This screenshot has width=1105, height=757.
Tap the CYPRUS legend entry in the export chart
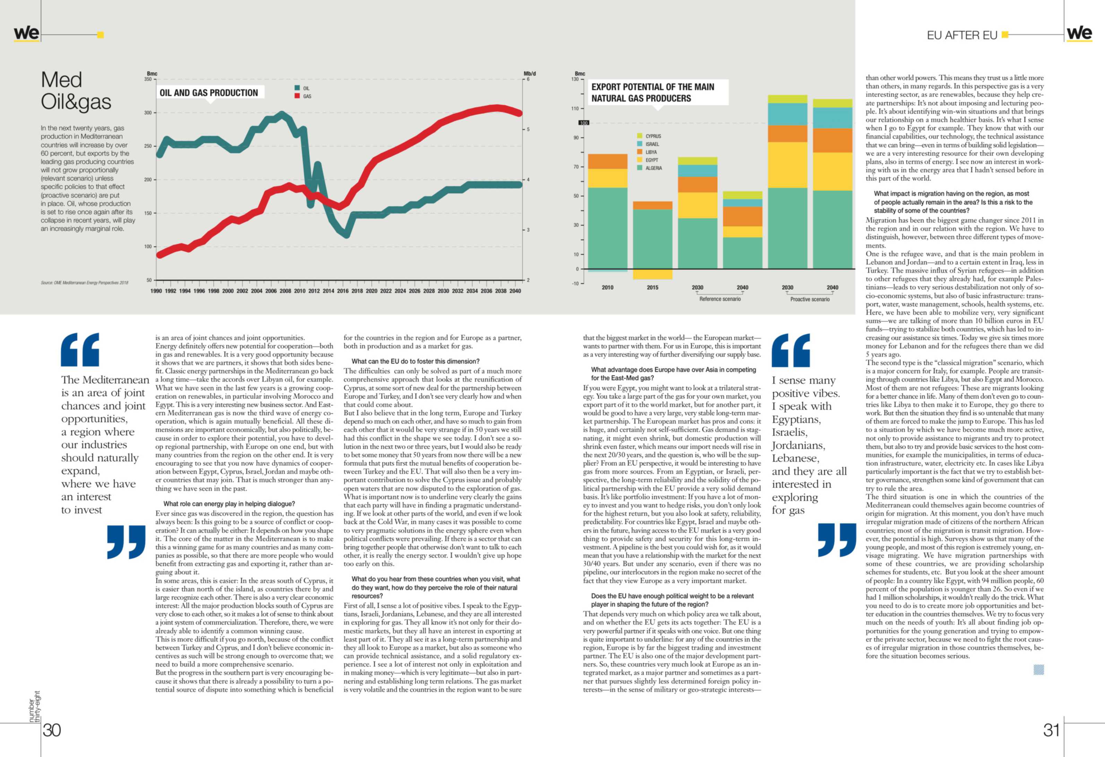pos(649,136)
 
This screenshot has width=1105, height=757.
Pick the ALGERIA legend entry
pos(650,168)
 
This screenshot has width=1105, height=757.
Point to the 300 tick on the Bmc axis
pos(148,113)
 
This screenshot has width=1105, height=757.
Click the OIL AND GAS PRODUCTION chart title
pos(209,93)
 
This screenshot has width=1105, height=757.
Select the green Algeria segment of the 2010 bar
pos(608,228)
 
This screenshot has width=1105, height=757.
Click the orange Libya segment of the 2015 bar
pos(652,206)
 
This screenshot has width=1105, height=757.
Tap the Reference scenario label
pos(720,299)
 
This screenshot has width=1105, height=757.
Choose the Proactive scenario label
pos(810,299)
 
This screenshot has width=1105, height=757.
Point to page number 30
pos(52,730)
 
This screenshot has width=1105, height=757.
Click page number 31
pos(1052,730)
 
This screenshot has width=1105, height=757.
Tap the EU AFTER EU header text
pos(962,35)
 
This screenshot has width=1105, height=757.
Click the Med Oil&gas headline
pos(76,90)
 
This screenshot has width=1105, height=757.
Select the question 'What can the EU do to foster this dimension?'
pos(416,362)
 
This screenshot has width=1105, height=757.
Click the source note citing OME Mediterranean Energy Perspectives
pos(85,282)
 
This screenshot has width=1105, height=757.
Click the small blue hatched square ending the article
pos(1039,670)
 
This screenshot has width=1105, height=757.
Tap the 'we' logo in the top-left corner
pos(27,33)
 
